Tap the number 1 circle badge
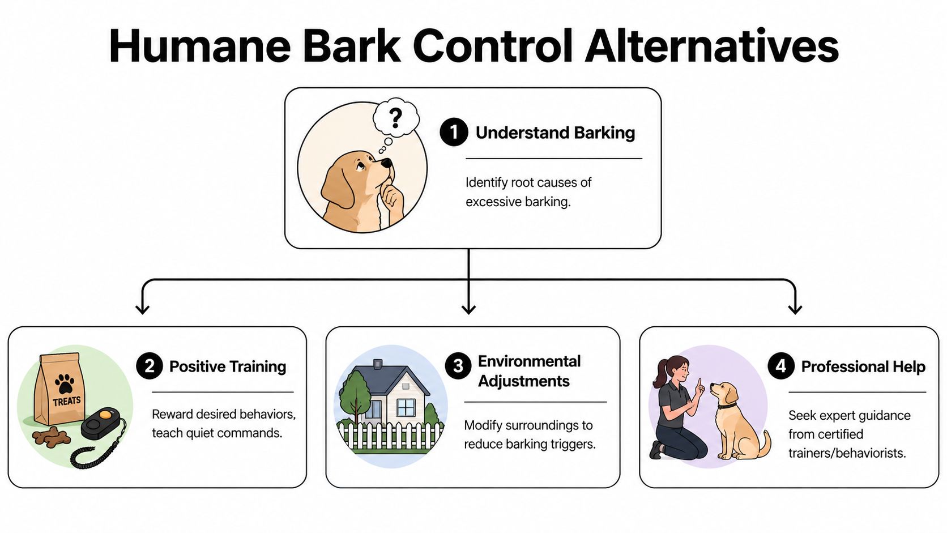tap(454, 133)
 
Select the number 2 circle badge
tap(150, 366)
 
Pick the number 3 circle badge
tap(458, 366)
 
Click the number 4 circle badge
tap(781, 366)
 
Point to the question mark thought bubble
tap(396, 118)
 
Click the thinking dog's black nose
tap(387, 163)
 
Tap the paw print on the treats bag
tap(65, 383)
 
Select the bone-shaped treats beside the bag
tap(51, 437)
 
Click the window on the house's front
tap(406, 407)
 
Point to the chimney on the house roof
tap(378, 364)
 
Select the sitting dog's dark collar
tap(728, 406)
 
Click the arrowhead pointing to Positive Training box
tap(143, 309)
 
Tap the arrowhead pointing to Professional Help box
tap(795, 309)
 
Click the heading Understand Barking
tap(555, 133)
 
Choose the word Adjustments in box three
tap(524, 381)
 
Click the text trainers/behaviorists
tap(847, 453)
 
